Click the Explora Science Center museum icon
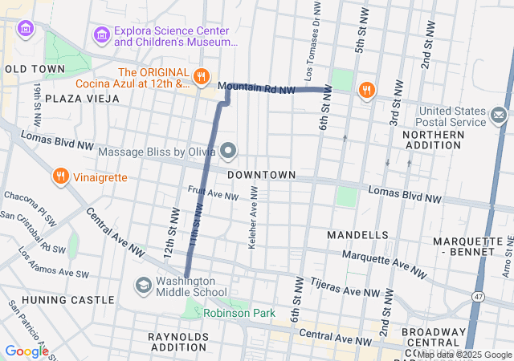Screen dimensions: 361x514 tap(101, 34)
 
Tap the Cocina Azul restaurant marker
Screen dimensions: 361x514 tap(200, 77)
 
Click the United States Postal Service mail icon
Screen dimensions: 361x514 tap(499, 117)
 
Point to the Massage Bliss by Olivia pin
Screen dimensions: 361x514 tap(229, 151)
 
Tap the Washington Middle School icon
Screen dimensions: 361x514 tap(143, 286)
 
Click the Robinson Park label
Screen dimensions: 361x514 tap(239, 313)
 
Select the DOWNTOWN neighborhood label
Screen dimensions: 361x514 tap(261, 174)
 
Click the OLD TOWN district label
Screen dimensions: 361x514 tap(34, 69)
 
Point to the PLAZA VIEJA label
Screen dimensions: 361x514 tap(82, 98)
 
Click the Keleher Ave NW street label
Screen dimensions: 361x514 tap(253, 217)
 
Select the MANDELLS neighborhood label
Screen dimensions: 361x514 tap(358, 234)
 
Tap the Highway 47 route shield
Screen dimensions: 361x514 tap(479, 297)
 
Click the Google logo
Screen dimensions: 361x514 tap(27, 351)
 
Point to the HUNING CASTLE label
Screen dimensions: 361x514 tap(58, 300)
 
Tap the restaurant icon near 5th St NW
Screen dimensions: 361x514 tap(366, 90)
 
